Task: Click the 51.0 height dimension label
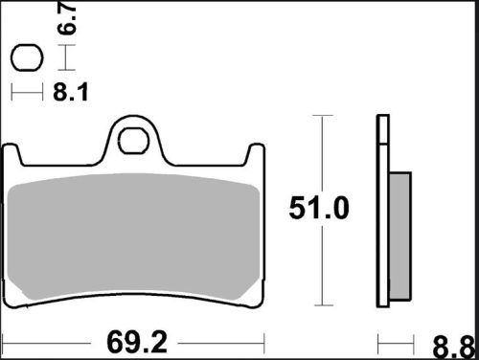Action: (321, 207)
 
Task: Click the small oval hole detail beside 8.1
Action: (27, 59)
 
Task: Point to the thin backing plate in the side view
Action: (383, 211)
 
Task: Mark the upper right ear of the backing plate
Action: (255, 155)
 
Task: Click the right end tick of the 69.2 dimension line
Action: (263, 341)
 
